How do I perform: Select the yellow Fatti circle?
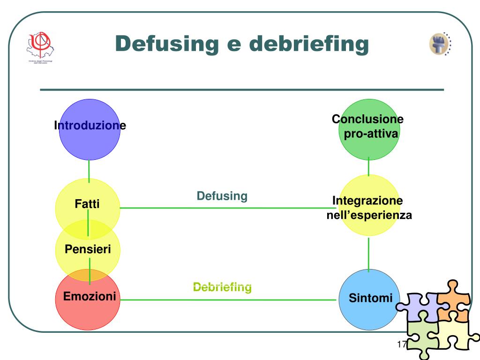pos(88,197)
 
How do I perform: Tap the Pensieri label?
pos(88,249)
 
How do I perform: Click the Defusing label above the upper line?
pos(222,196)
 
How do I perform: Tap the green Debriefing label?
pos(223,287)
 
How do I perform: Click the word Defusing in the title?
pos(167,44)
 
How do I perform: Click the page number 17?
pos(401,345)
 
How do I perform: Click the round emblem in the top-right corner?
pos(440,45)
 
